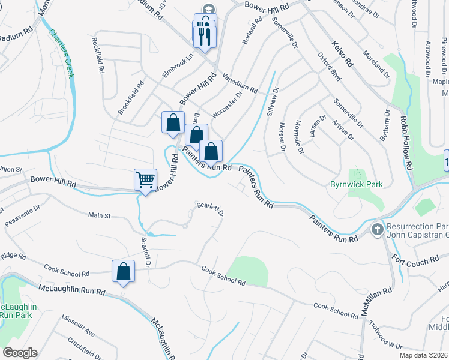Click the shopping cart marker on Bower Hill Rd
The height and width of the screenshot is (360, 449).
click(145, 179)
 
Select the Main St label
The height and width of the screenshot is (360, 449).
click(100, 215)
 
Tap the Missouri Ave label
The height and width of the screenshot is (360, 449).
click(81, 328)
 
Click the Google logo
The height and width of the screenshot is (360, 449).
click(20, 353)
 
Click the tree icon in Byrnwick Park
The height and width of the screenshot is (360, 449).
click(358, 173)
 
